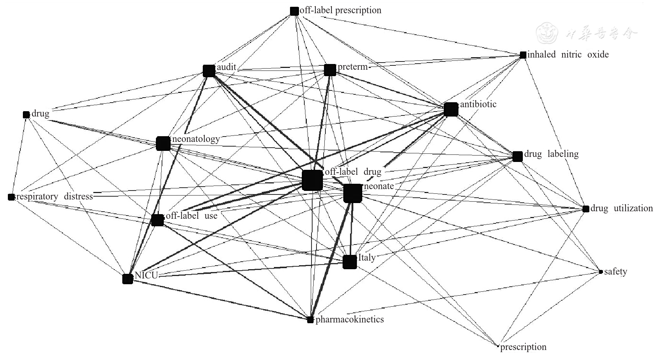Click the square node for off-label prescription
pos(294,11)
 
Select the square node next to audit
pos(209,71)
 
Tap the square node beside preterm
pos(330,70)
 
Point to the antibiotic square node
pos(451,109)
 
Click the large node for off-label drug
pos(312,180)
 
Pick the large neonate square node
pos(353,193)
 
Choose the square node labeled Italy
pos(350,262)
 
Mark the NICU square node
pos(128,279)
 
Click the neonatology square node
pos(163,143)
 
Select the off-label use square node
pos(157,220)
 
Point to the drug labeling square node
pos(517,156)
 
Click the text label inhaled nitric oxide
pos(568,55)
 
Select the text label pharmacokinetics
pos(349,319)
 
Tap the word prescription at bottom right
pos(523,347)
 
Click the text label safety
pos(615,272)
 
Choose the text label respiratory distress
pos(54,197)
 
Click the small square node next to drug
pos(26,115)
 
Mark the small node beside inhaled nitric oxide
pos(523,55)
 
